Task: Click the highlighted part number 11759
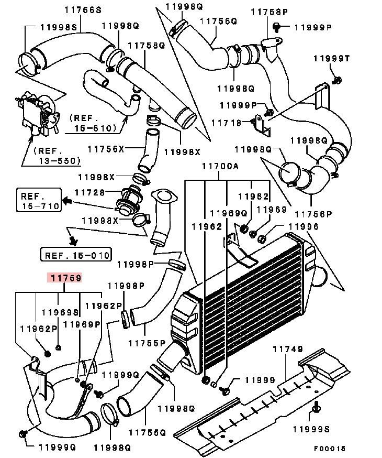click(x=65, y=278)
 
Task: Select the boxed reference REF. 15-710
click(x=38, y=201)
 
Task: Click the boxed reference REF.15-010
click(x=75, y=255)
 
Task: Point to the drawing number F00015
click(x=330, y=449)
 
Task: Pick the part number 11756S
click(x=83, y=9)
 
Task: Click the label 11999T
click(x=331, y=58)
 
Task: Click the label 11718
click(x=227, y=123)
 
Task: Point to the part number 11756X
click(x=106, y=149)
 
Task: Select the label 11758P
click(x=269, y=12)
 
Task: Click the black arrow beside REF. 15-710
click(x=68, y=201)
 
